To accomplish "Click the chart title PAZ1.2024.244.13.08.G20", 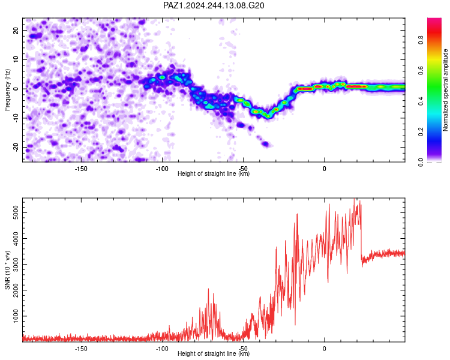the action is pyautogui.click(x=214, y=5).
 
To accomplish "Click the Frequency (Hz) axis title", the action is pyautogui.click(x=7, y=89).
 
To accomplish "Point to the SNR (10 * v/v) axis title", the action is pyautogui.click(x=7, y=270).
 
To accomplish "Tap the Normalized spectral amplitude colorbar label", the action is pyautogui.click(x=445, y=90).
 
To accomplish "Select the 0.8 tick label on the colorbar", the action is pyautogui.click(x=421, y=40).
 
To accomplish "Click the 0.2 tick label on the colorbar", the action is pyautogui.click(x=421, y=131).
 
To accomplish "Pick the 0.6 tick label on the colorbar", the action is pyautogui.click(x=421, y=70).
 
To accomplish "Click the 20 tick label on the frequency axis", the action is pyautogui.click(x=16, y=30).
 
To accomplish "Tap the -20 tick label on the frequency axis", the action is pyautogui.click(x=16, y=147).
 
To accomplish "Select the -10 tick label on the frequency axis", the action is pyautogui.click(x=16, y=118).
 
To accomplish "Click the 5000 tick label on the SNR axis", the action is pyautogui.click(x=16, y=213).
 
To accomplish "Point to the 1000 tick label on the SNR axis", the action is pyautogui.click(x=16, y=316).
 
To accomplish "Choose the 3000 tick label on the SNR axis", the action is pyautogui.click(x=16, y=265).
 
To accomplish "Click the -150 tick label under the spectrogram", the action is pyautogui.click(x=81, y=169).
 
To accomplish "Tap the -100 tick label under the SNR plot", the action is pyautogui.click(x=162, y=349).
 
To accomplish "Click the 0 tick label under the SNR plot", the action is pyautogui.click(x=324, y=349).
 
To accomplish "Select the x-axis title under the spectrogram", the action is pyautogui.click(x=214, y=173).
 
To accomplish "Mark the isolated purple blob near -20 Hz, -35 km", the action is pyautogui.click(x=265, y=144).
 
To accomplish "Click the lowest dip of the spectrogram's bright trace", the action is pyautogui.click(x=268, y=116).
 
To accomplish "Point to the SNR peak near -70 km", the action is pyautogui.click(x=208, y=289).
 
